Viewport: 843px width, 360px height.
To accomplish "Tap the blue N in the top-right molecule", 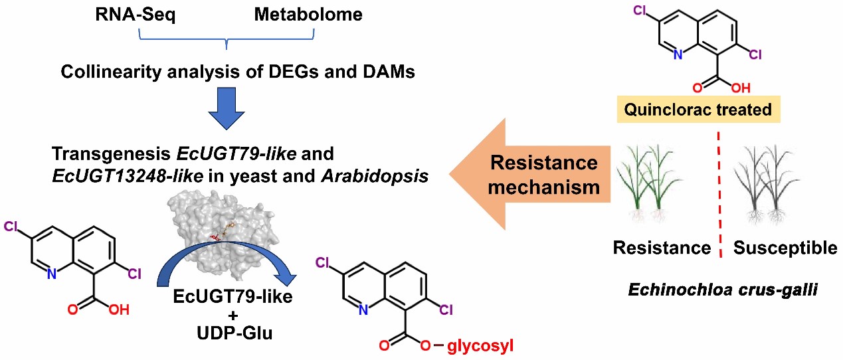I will tap(678, 54).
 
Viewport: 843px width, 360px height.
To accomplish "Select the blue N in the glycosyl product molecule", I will tap(361, 310).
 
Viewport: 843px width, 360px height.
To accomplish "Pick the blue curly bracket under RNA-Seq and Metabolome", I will tap(227, 41).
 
